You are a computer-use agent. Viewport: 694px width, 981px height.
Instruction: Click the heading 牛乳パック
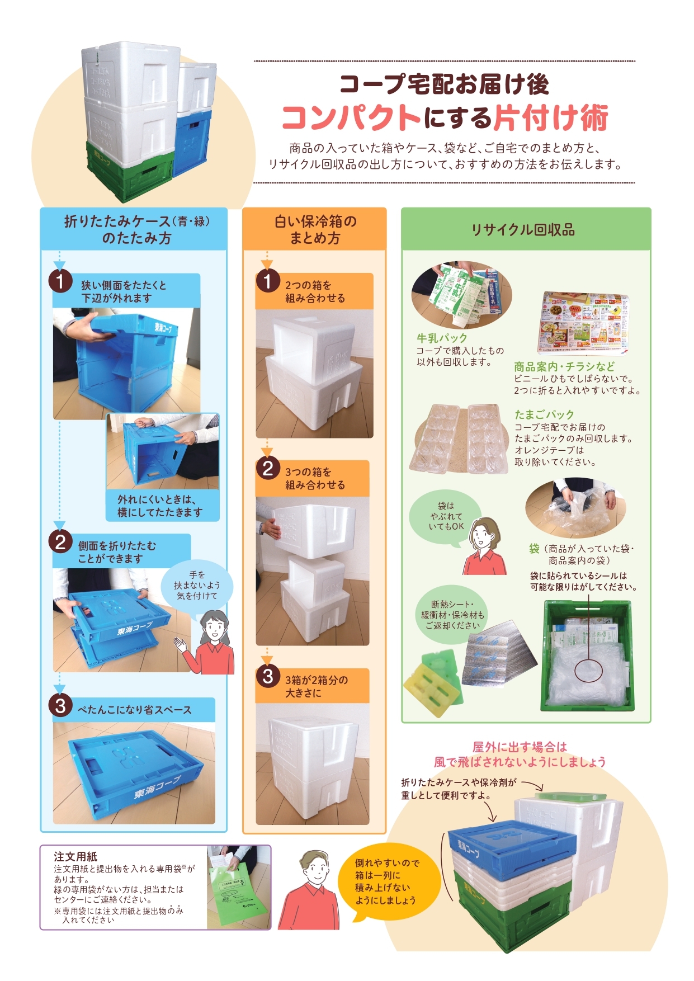click(441, 338)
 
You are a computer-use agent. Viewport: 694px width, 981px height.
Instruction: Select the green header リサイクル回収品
click(523, 230)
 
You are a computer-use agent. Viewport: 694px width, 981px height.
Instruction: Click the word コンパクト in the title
click(351, 117)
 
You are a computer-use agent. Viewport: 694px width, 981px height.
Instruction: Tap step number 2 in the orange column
click(267, 468)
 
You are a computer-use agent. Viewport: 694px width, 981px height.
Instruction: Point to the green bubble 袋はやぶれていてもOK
click(446, 516)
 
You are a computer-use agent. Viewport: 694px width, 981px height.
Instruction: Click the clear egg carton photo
click(459, 439)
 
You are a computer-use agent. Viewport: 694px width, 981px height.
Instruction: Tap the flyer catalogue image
click(584, 323)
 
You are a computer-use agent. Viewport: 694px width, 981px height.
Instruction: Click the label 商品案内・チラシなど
click(564, 366)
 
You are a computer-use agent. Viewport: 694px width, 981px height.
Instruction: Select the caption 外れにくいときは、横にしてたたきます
click(160, 506)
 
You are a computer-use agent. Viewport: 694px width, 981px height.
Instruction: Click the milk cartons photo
click(462, 295)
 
